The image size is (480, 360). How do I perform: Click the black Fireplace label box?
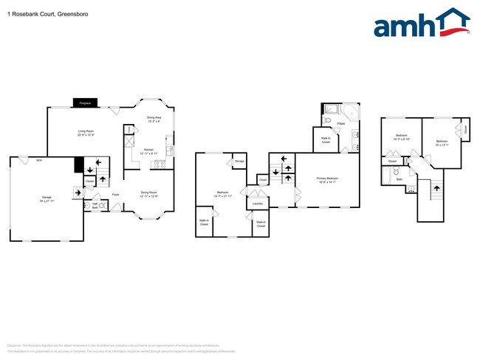(x=85, y=103)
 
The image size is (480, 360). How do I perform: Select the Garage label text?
(x=47, y=198)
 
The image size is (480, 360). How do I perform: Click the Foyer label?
(x=116, y=195)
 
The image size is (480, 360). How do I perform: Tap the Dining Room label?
(x=149, y=194)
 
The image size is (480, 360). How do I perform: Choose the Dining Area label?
(x=154, y=118)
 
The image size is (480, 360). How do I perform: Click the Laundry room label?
(x=258, y=203)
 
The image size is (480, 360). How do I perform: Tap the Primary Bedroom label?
(x=327, y=180)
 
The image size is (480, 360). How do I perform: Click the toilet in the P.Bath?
(x=328, y=120)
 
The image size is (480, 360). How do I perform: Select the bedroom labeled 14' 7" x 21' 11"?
(x=222, y=194)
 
